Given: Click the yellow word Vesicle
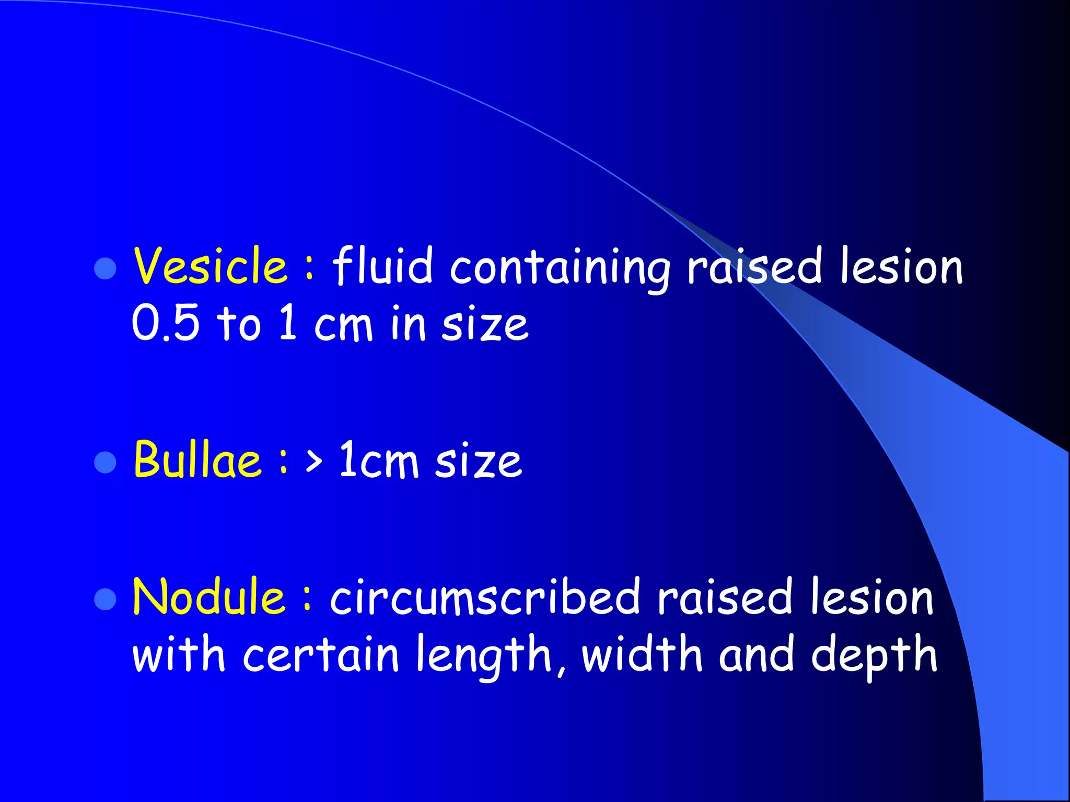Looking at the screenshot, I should coord(210,266).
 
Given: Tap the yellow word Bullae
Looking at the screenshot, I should coord(197,459).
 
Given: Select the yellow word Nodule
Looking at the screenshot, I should coord(208,596).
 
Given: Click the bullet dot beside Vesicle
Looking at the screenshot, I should coord(105,268).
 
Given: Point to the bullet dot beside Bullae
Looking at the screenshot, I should coord(105,462).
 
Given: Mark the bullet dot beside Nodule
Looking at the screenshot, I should coord(105,599).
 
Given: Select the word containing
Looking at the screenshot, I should coord(560,268).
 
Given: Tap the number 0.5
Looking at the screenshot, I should coord(166,324).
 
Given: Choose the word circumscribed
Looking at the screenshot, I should coord(485,597).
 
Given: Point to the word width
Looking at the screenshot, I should coord(642,655).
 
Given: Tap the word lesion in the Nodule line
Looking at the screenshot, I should coord(871,597).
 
